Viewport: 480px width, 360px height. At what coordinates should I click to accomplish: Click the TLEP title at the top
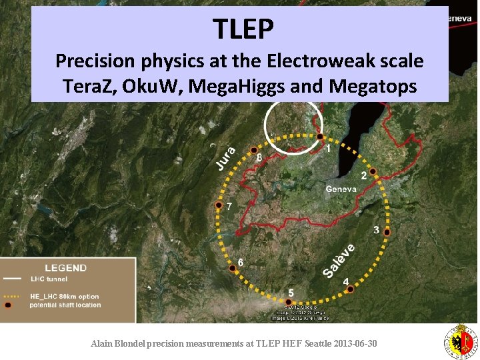click(243, 29)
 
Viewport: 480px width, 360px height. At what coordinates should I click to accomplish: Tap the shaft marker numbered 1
click(320, 137)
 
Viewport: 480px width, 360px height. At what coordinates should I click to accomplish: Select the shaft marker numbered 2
click(373, 171)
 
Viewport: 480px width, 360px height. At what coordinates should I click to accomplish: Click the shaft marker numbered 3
click(387, 232)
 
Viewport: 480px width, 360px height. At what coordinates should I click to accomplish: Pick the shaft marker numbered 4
click(351, 289)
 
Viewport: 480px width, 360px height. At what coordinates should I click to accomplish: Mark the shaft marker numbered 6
click(233, 267)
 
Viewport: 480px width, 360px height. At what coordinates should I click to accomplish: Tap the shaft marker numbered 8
click(253, 149)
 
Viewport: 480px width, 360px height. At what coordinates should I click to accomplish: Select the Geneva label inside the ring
click(341, 189)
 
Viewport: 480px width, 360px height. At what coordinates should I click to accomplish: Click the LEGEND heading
click(65, 268)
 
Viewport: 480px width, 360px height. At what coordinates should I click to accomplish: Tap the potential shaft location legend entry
click(65, 305)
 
